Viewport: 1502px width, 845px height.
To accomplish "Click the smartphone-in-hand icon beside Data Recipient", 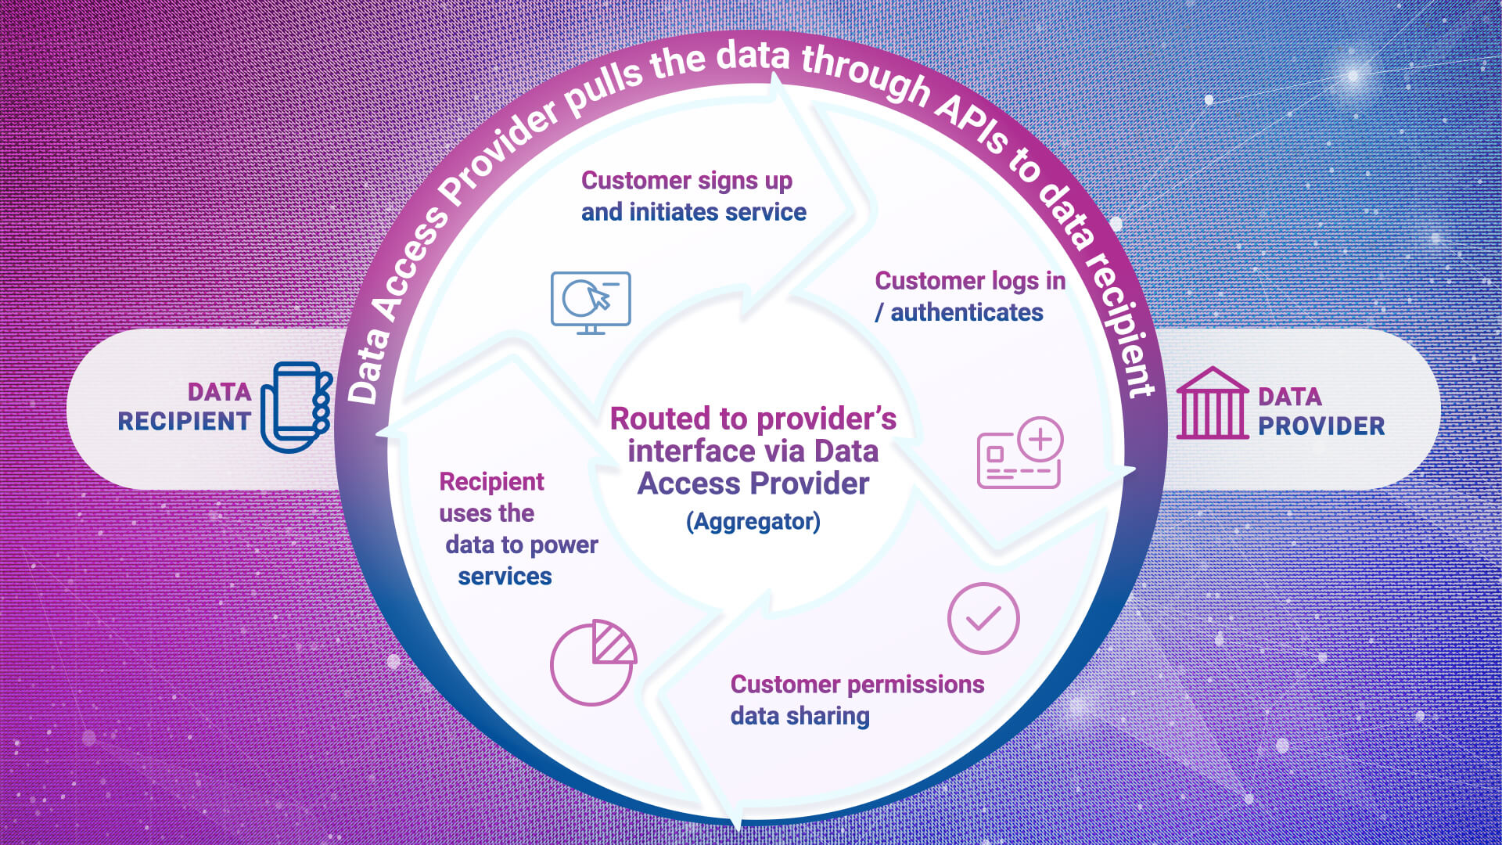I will [x=296, y=406].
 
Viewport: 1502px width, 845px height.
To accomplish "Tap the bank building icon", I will [x=1212, y=404].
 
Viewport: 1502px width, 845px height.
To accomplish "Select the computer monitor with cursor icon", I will [x=591, y=302].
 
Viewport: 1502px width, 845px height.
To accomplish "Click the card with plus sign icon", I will [x=1020, y=454].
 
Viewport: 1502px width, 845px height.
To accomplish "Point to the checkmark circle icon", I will [x=983, y=618].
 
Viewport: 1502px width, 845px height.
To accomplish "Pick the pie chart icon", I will [x=593, y=663].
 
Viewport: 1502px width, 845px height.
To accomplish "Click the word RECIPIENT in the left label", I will [x=184, y=422].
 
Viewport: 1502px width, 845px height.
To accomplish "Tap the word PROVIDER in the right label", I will [x=1321, y=426].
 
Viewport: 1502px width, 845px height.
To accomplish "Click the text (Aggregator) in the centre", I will [x=753, y=522].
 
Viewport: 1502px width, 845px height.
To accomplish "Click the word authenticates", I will [x=967, y=313].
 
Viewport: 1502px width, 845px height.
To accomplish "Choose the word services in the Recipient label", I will [x=505, y=577].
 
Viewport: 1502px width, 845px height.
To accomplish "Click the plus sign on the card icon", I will [x=1040, y=439].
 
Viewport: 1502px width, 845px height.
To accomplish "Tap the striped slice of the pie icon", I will [x=613, y=643].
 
